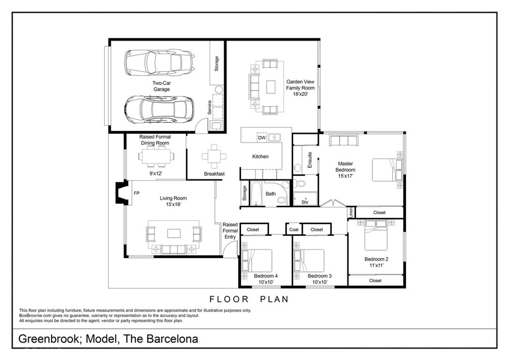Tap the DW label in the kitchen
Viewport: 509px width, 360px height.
(x=262, y=138)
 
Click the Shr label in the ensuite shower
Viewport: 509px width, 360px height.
(x=305, y=202)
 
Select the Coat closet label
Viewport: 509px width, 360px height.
(x=294, y=230)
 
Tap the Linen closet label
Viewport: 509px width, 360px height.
(x=351, y=212)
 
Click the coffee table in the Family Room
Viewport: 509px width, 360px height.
(x=271, y=87)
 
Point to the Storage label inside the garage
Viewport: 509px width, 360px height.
(x=216, y=63)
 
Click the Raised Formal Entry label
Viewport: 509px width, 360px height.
(x=230, y=231)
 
